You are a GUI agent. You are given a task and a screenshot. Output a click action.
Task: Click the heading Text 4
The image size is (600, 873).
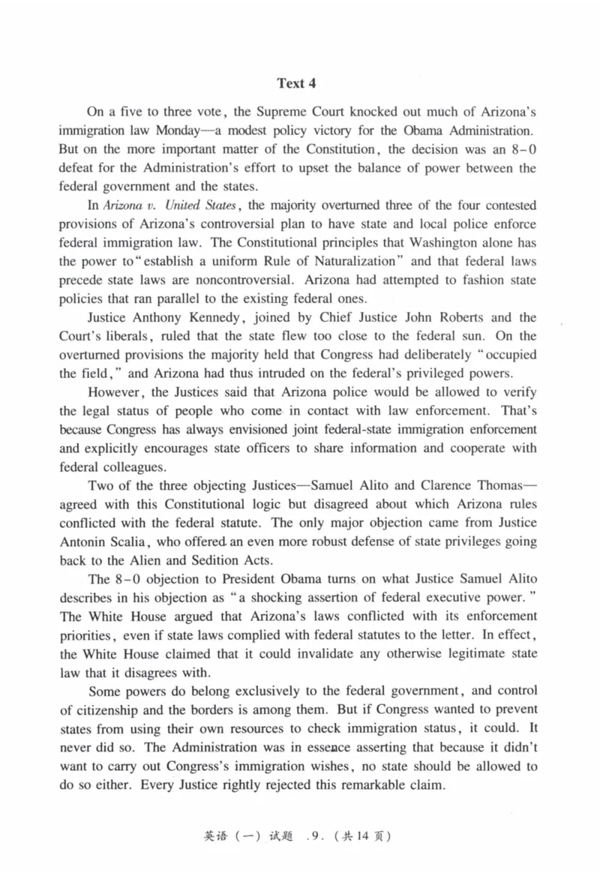click(299, 82)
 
